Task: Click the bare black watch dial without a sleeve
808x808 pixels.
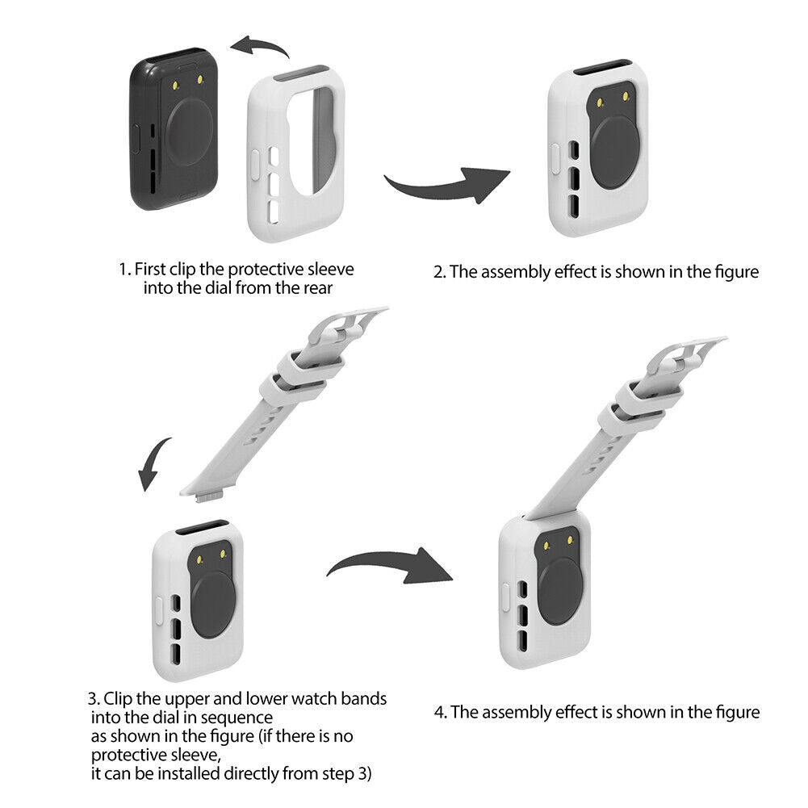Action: point(174,129)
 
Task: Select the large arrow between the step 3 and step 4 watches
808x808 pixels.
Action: point(390,565)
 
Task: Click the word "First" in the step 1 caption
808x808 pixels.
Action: point(150,269)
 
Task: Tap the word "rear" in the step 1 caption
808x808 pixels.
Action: point(317,288)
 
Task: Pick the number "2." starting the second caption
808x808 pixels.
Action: point(440,272)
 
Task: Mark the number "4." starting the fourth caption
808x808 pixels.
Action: point(441,713)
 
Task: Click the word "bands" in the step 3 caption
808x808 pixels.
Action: point(364,699)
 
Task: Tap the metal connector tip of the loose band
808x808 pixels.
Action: point(209,498)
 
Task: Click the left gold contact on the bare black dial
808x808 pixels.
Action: point(176,86)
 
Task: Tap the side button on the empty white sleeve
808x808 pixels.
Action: point(254,165)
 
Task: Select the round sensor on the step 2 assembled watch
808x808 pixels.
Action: point(617,152)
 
